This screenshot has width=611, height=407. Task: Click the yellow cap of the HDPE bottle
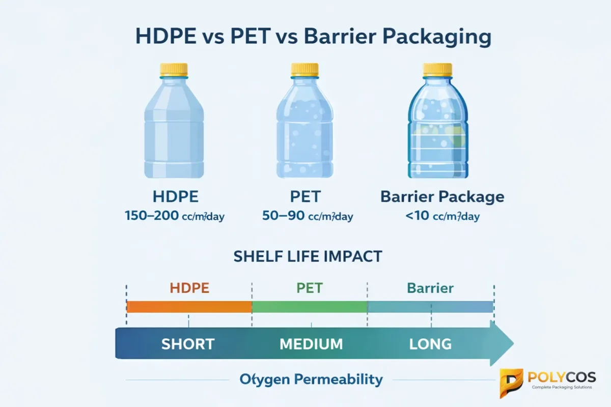tap(174, 70)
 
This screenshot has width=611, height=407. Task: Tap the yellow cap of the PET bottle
tap(304, 70)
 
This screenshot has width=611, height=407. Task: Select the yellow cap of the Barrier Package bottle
tap(437, 70)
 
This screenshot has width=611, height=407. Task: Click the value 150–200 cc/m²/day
tap(174, 216)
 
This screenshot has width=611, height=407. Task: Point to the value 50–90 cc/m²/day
tap(308, 216)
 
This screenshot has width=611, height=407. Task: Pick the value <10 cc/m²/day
tap(442, 216)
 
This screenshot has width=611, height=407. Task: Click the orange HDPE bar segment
tap(189, 307)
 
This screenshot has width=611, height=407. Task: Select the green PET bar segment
tap(310, 307)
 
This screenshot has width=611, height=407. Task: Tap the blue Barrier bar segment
tap(430, 307)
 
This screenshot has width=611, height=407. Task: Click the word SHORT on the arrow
tap(188, 344)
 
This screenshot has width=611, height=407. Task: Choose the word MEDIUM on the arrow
tap(311, 344)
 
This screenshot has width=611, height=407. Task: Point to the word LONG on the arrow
tap(430, 344)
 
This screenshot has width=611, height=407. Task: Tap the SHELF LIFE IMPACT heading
tap(308, 256)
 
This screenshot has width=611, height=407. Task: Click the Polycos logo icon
tap(511, 381)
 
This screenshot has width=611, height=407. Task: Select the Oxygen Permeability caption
tap(311, 379)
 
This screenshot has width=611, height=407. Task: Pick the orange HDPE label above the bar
tap(189, 288)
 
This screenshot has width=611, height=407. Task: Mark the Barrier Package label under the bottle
tap(442, 197)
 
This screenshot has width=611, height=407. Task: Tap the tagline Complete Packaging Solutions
tap(562, 388)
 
